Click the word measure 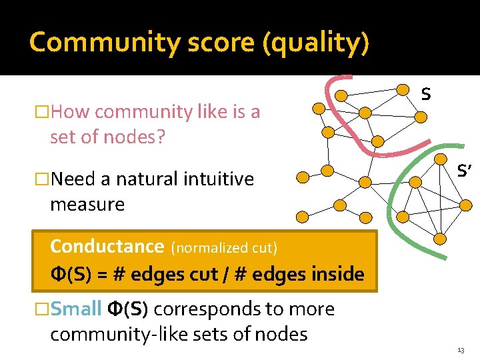coord(87,204)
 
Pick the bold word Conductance coord(107,246)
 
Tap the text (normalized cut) coord(224,247)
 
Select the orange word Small coord(75,309)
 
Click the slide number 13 coord(461,350)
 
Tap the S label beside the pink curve coord(425,95)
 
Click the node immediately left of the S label coord(403,89)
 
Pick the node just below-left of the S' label coord(440,160)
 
